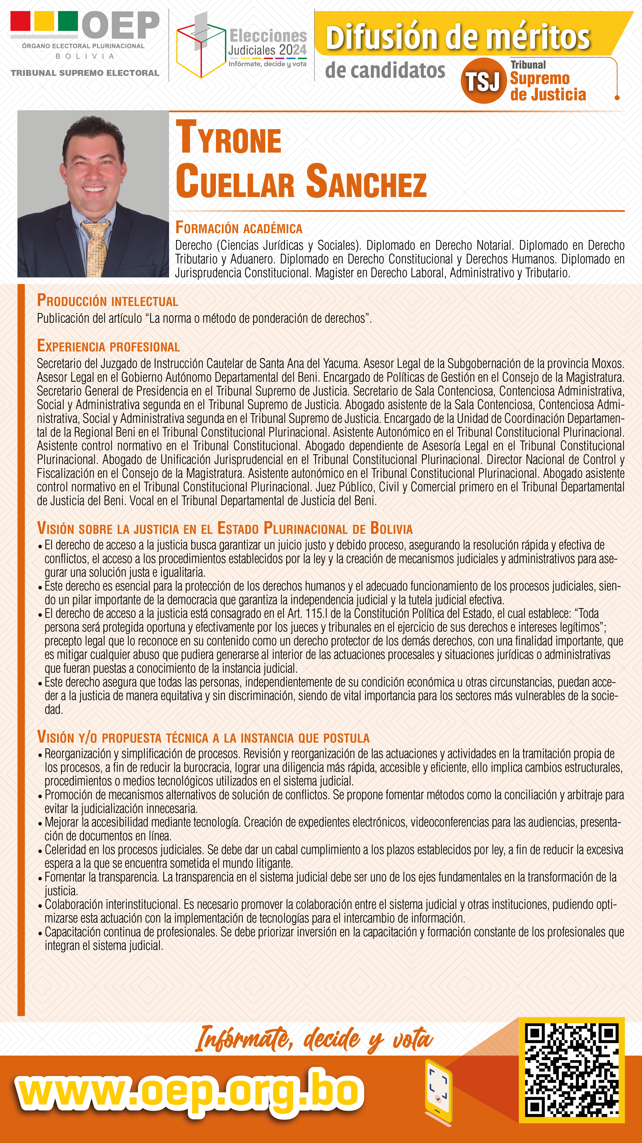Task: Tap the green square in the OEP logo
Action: click(68, 21)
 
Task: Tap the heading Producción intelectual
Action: click(107, 301)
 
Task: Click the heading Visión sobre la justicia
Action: click(224, 529)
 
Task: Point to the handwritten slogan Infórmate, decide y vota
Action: click(314, 1039)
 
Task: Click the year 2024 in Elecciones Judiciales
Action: click(293, 50)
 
